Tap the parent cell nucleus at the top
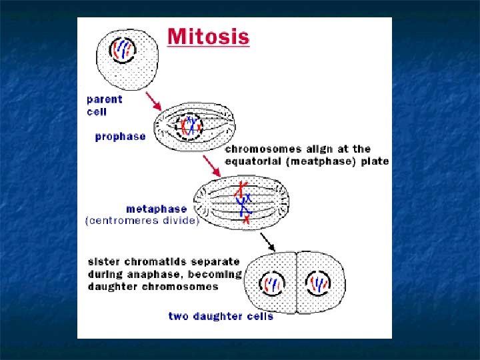pyautogui.click(x=123, y=50)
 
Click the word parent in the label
pyautogui.click(x=105, y=99)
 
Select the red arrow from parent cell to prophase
pyautogui.click(x=153, y=102)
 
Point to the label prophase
pyautogui.click(x=120, y=137)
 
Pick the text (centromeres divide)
pyautogui.click(x=142, y=221)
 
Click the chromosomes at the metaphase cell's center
pyautogui.click(x=244, y=201)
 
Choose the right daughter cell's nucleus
pyautogui.click(x=318, y=285)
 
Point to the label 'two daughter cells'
pyautogui.click(x=220, y=316)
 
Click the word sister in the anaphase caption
pyautogui.click(x=104, y=262)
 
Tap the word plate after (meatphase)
pyautogui.click(x=376, y=161)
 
